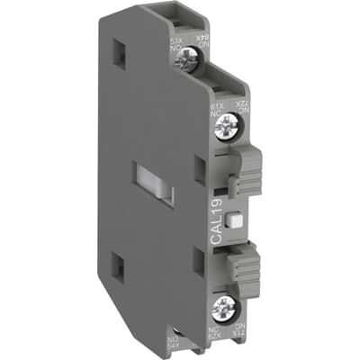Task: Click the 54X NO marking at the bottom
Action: click(x=174, y=345)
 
